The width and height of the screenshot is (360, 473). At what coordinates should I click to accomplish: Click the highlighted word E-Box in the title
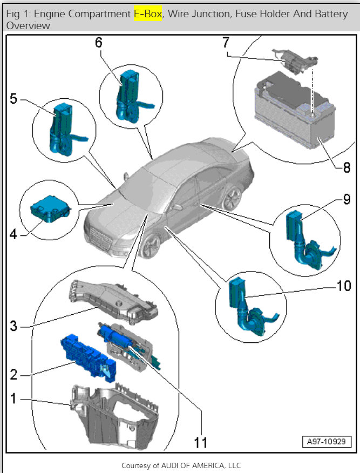(x=147, y=14)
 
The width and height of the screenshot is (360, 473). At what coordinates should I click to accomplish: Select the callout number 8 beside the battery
(x=346, y=167)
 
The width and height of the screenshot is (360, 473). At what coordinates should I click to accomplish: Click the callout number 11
(x=201, y=443)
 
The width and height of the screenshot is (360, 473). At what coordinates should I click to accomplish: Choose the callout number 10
(x=343, y=286)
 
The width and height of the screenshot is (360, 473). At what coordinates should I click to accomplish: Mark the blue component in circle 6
(x=128, y=97)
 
